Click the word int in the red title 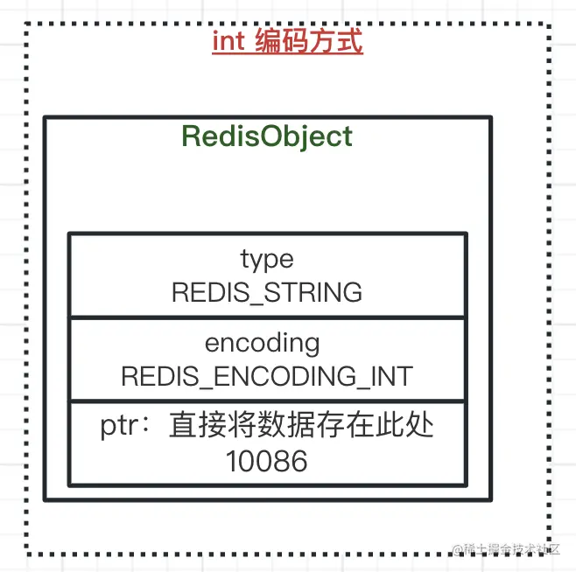[x=228, y=42]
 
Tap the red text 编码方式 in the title [x=308, y=42]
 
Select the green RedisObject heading [x=267, y=136]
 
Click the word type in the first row [x=267, y=260]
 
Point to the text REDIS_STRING [x=267, y=292]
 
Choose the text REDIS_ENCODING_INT [x=267, y=375]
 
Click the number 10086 [x=267, y=461]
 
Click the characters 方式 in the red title [x=335, y=42]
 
